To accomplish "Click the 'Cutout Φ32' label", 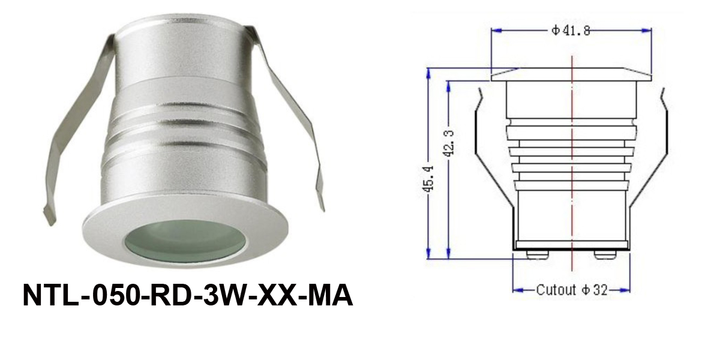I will tap(571, 290).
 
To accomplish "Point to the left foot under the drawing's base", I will tap(536, 254).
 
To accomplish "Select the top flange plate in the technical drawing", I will tap(570, 75).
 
